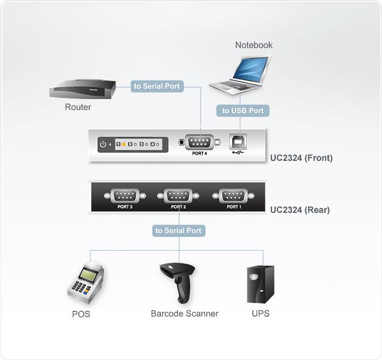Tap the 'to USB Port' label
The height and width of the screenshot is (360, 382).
point(242,111)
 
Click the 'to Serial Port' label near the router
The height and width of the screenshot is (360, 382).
point(157,86)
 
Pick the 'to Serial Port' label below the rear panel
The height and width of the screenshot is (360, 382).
point(178,230)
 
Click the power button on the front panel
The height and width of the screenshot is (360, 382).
point(102,144)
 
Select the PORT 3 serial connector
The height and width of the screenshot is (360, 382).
point(125,195)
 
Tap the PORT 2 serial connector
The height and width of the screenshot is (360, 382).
point(179,195)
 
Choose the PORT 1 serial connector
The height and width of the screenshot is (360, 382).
point(233,195)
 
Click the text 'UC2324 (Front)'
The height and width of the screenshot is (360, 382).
point(302,158)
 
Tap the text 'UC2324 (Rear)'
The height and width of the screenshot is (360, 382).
point(300,210)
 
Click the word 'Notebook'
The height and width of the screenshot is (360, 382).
point(254,45)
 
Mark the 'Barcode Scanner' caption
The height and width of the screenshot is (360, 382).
point(184,313)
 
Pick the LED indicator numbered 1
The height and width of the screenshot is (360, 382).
point(118,144)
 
